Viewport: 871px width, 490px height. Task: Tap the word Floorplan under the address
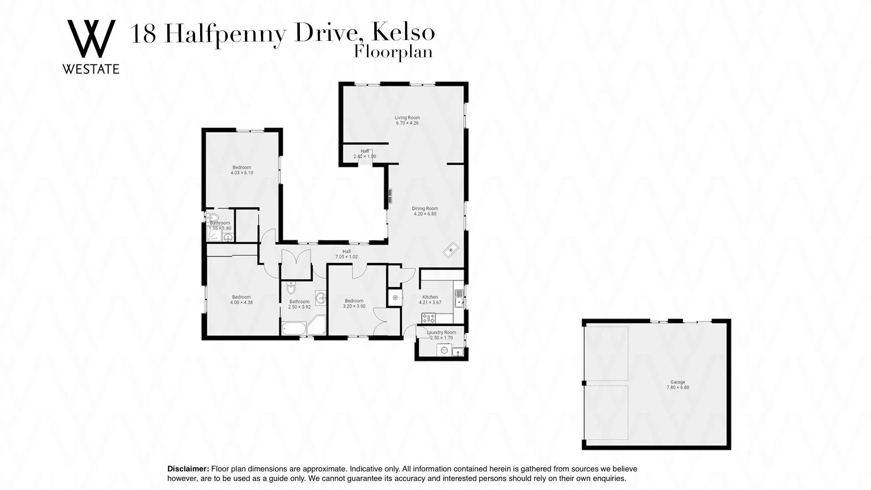[x=393, y=52]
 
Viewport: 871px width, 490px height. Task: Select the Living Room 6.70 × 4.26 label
[x=407, y=120]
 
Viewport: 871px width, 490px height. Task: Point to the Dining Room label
[x=425, y=211]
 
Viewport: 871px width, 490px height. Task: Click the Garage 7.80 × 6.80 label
[x=678, y=385]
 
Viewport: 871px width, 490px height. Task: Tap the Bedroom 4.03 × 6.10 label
[x=241, y=170]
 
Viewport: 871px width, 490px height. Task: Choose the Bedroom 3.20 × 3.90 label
[x=354, y=304]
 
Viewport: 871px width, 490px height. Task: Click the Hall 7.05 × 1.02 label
[x=346, y=254]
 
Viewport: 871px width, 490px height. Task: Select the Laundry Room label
[x=441, y=335]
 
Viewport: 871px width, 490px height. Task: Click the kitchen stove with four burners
[x=429, y=318]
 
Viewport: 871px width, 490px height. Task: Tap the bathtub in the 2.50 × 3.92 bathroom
[x=294, y=328]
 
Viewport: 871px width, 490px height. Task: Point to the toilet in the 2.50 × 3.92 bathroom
[x=291, y=288]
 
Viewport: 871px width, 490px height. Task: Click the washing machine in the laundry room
[x=444, y=350]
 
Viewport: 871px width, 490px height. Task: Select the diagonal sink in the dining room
[x=451, y=250]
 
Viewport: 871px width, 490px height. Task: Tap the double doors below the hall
[x=295, y=264]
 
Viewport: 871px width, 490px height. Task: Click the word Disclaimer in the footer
[x=188, y=469]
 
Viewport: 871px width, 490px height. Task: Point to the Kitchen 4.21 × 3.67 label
[x=430, y=300]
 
